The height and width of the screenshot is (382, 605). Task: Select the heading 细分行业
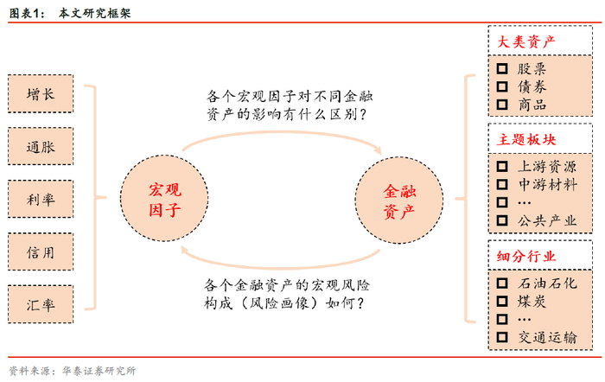(x=526, y=257)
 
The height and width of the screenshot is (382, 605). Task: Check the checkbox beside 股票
(x=501, y=69)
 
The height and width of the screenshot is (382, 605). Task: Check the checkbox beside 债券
(x=501, y=87)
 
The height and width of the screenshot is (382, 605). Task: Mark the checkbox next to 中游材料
(x=501, y=184)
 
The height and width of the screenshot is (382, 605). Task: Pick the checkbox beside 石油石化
(x=501, y=283)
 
